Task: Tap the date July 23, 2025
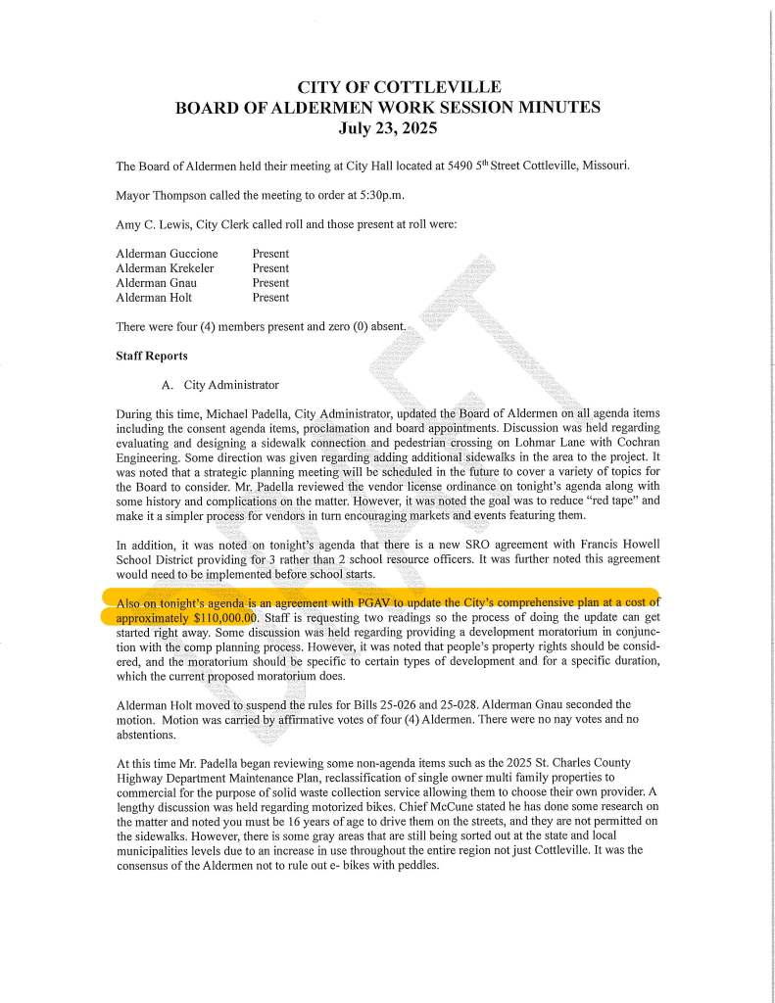(x=387, y=127)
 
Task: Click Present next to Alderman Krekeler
(x=270, y=268)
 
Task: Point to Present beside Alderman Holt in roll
(x=270, y=298)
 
